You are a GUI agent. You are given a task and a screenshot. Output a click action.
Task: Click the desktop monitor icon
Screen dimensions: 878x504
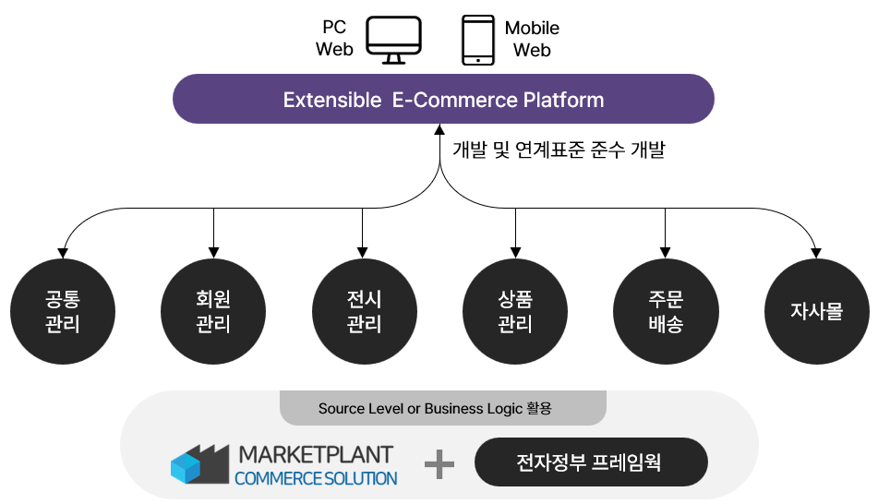(x=393, y=40)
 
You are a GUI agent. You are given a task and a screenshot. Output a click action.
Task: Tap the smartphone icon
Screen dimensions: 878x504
(x=478, y=40)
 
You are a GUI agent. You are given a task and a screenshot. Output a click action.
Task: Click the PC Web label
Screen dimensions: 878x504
(x=334, y=38)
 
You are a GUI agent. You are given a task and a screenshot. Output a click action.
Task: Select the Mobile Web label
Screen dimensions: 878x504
(x=532, y=39)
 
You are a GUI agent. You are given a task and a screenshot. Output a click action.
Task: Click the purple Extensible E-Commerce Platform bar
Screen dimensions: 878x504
(x=443, y=99)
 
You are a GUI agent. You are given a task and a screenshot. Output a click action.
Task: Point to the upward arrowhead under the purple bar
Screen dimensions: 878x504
(x=439, y=129)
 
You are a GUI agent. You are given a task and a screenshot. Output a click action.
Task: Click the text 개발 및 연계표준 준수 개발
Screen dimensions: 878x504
(x=559, y=150)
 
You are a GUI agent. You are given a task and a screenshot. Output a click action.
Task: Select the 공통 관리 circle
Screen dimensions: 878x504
(x=63, y=311)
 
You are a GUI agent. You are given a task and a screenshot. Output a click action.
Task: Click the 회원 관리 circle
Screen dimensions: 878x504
(x=213, y=311)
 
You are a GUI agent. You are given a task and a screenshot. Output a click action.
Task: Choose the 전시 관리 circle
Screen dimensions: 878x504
(x=365, y=311)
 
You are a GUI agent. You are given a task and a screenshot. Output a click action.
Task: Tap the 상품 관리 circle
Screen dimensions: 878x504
(x=515, y=311)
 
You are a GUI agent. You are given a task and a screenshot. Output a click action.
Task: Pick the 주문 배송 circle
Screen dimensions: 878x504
(x=666, y=311)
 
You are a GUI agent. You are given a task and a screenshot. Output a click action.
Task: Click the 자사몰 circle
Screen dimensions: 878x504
(x=817, y=311)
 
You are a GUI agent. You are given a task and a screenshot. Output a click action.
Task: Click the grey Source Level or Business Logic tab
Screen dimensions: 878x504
(x=443, y=408)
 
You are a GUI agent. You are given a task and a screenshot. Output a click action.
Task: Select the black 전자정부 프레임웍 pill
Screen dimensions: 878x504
(x=591, y=462)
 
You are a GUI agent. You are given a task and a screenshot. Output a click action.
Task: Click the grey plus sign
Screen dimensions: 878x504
(x=439, y=464)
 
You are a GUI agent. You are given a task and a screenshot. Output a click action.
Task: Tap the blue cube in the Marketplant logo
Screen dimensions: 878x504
(x=186, y=468)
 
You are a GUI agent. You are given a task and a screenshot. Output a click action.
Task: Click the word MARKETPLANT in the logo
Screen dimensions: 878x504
(x=316, y=455)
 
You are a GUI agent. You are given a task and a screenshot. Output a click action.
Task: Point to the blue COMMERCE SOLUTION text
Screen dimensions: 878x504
(x=316, y=479)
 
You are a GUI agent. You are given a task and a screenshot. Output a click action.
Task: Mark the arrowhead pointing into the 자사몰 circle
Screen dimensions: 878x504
(x=816, y=253)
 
